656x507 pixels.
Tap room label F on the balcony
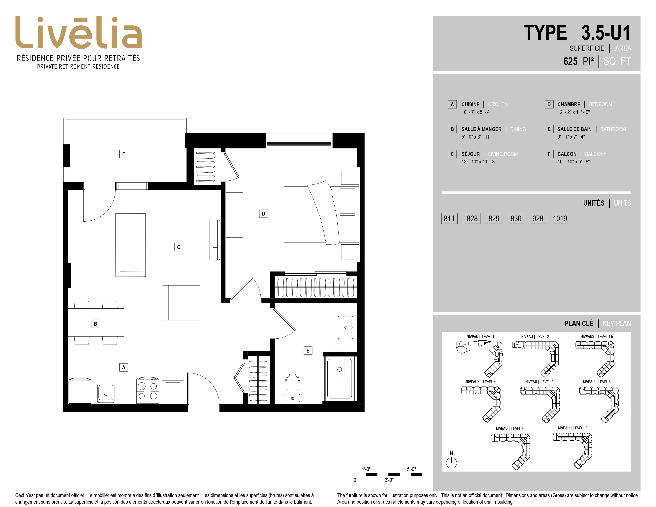click(x=123, y=154)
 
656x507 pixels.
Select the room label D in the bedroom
click(x=263, y=214)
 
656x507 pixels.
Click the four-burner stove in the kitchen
click(x=148, y=390)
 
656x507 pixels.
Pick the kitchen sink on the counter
click(x=105, y=392)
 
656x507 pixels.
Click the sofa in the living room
click(x=131, y=245)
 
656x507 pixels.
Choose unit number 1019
click(x=560, y=218)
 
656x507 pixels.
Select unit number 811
click(x=449, y=218)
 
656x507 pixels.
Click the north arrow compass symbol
click(x=451, y=462)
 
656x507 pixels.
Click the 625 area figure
click(x=570, y=61)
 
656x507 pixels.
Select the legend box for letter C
click(x=452, y=154)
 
